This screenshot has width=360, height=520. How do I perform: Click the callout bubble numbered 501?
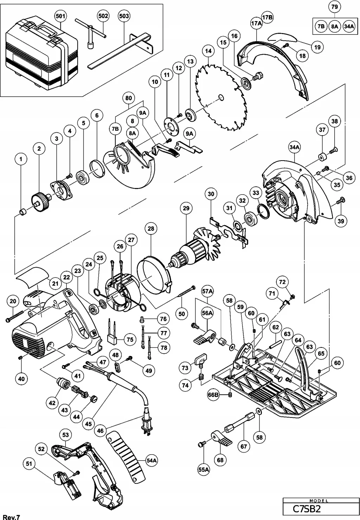tap(61, 16)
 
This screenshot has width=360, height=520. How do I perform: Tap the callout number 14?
tap(208, 51)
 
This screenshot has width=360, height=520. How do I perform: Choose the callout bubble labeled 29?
tap(186, 208)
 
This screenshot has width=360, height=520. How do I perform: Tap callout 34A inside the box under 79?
tap(349, 27)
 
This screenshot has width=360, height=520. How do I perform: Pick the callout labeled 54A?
tap(152, 460)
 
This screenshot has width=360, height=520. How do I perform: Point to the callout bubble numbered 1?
tap(21, 159)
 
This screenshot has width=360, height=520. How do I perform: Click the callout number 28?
tap(151, 229)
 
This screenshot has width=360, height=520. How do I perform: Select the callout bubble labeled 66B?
tap(213, 395)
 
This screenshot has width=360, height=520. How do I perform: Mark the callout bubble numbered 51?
tap(29, 464)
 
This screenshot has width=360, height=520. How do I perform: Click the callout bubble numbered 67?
tap(244, 447)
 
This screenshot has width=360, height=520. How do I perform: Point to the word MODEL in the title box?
tap(319, 500)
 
